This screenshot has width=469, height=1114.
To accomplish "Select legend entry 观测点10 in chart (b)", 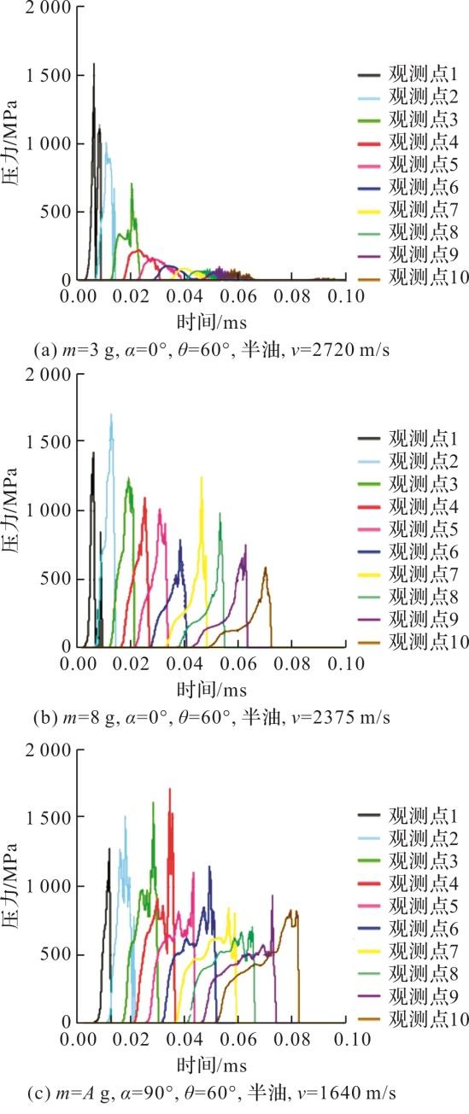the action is click(413, 642).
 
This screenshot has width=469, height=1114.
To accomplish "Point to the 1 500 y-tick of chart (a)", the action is click(49, 76).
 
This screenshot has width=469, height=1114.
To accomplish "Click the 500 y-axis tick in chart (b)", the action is click(56, 579).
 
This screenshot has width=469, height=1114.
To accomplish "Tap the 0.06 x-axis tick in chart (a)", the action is click(238, 296).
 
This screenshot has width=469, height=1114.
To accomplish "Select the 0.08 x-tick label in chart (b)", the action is click(292, 663).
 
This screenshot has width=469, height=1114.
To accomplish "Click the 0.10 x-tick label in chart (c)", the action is click(347, 1040).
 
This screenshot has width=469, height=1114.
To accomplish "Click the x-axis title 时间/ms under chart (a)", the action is click(212, 323).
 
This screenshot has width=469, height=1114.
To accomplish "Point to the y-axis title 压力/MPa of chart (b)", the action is click(10, 510).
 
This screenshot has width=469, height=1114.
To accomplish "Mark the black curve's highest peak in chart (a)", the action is click(94, 64).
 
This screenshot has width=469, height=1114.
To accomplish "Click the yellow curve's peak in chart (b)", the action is click(202, 477).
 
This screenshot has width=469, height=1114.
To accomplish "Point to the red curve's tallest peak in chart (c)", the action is click(170, 789).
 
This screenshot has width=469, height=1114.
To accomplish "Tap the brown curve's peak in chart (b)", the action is click(266, 568).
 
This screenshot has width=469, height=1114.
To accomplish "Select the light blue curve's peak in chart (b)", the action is click(111, 414).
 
